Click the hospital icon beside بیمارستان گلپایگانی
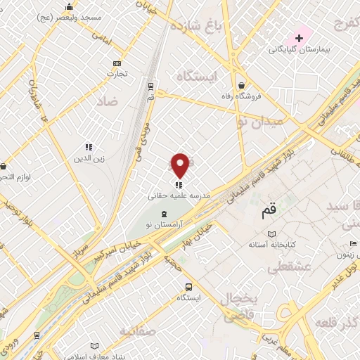[x=299, y=37]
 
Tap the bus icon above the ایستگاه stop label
[x=188, y=287]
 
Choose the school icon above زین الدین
[x=89, y=147]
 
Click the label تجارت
[x=115, y=73]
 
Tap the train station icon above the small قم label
[x=150, y=86]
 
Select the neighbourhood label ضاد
[x=123, y=102]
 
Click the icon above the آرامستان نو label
[x=164, y=213]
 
